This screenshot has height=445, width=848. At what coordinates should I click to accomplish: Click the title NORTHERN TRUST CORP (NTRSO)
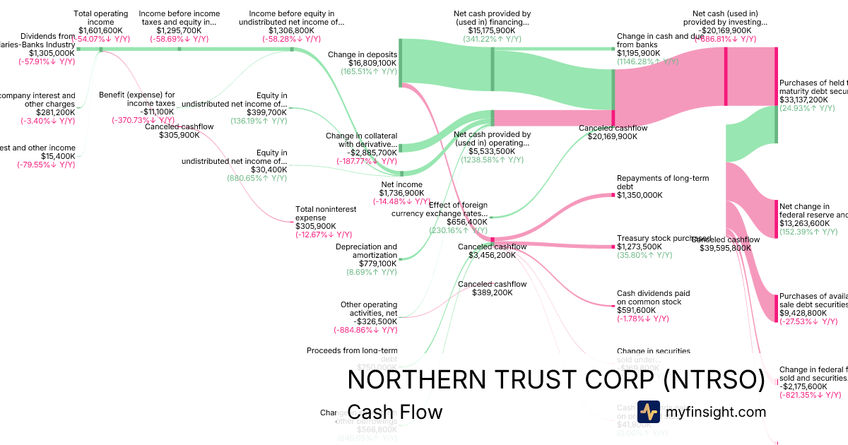(x=556, y=381)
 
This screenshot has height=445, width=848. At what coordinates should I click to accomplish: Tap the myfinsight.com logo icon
(x=648, y=412)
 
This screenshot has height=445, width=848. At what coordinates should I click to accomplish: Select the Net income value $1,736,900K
(x=402, y=193)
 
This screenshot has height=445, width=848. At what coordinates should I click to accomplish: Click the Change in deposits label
(x=363, y=54)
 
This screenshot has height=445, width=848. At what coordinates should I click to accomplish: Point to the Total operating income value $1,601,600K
(x=101, y=30)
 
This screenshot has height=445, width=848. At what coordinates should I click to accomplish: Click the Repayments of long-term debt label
(x=663, y=182)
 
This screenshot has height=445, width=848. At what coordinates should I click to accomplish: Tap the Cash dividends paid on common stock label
(x=653, y=297)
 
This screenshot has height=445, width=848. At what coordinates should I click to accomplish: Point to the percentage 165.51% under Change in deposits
(x=368, y=71)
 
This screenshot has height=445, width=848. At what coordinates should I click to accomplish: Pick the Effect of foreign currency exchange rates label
(x=440, y=209)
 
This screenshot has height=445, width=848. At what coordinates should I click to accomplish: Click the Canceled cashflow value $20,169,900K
(x=612, y=136)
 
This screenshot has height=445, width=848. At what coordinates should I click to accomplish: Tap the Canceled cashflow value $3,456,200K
(x=492, y=255)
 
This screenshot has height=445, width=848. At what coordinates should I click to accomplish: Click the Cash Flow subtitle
(x=395, y=412)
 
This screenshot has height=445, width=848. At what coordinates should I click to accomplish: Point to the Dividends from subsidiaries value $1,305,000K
(x=52, y=53)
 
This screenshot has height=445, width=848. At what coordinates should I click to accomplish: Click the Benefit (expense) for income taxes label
(x=137, y=99)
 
